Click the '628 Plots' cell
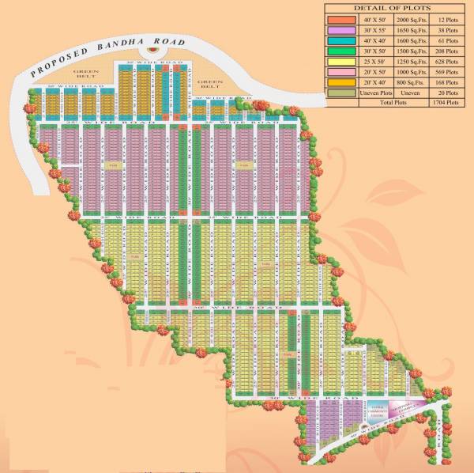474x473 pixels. (446, 61)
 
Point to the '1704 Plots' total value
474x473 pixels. (446, 103)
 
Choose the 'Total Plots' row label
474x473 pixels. (396, 103)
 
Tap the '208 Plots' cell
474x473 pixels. (446, 50)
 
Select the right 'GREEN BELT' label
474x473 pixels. (211, 81)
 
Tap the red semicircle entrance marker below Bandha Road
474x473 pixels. (152, 58)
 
